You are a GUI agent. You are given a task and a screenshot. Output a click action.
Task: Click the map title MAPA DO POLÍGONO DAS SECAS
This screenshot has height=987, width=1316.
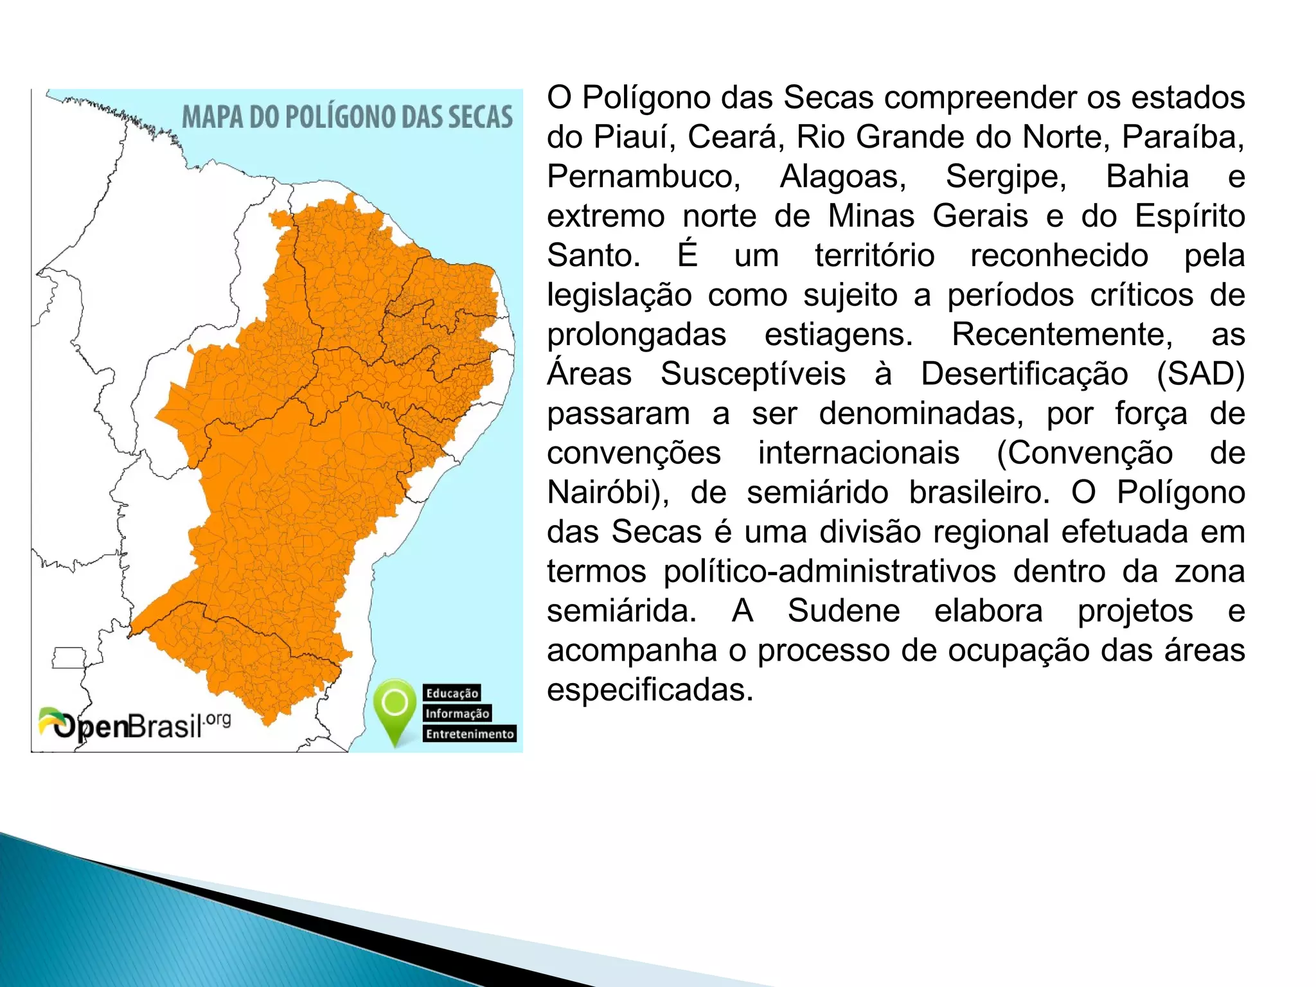[x=347, y=117]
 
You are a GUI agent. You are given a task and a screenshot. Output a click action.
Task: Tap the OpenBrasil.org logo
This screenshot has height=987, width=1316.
[x=134, y=725]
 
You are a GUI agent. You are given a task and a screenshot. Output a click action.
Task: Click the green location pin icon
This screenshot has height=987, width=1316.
[x=395, y=710]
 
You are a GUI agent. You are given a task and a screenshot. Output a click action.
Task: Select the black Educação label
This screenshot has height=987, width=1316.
[x=452, y=693]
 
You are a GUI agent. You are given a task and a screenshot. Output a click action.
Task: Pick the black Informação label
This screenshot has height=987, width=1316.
[x=457, y=713]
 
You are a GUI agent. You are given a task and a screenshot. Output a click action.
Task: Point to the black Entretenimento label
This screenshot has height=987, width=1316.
[x=470, y=734]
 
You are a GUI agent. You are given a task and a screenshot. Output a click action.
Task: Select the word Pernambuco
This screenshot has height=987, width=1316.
[x=643, y=177]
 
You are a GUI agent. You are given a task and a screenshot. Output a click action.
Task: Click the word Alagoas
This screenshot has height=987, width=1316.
[x=843, y=177]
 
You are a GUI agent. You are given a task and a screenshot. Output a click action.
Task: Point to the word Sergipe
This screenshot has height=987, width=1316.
[x=1006, y=177]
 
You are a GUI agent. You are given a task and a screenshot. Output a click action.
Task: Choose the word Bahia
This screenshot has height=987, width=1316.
[x=1147, y=177]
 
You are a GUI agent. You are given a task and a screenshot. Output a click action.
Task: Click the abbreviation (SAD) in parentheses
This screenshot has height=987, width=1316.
[x=1200, y=374]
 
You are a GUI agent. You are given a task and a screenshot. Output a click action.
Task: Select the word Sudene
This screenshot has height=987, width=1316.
[x=843, y=611]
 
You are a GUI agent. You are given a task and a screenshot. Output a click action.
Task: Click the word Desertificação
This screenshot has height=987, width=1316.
[x=1024, y=374]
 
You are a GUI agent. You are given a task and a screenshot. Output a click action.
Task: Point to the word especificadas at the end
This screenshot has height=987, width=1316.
[x=650, y=690]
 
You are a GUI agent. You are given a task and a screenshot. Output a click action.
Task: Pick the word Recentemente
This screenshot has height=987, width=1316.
[x=1062, y=335]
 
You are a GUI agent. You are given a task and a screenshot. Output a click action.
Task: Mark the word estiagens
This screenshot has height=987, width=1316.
[x=838, y=335]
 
